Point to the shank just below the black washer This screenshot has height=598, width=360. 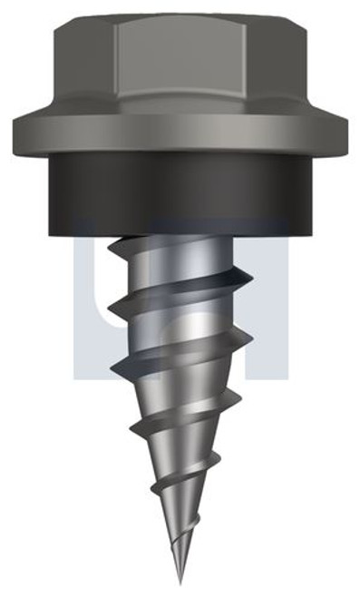pyautogui.click(x=181, y=238)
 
